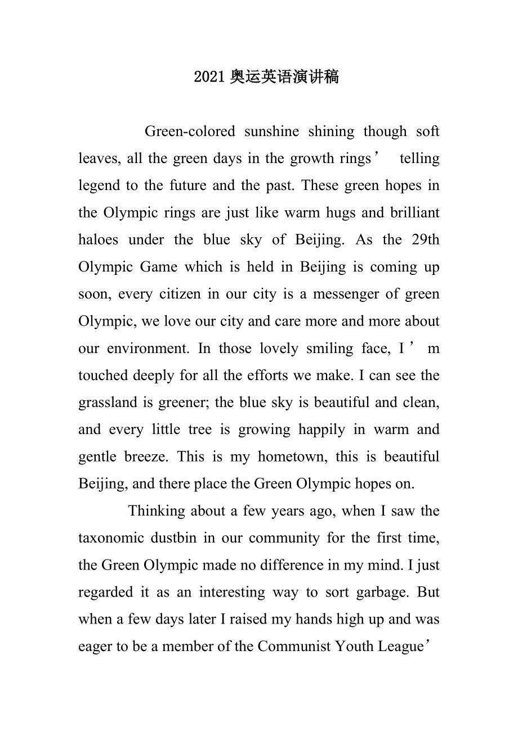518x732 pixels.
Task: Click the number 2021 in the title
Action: coord(210,77)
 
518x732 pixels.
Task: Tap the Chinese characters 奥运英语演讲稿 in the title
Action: coord(284,77)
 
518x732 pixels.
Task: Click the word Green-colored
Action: coord(190,132)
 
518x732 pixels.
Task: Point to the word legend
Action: coord(97,186)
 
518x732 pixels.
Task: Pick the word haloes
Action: coord(99,240)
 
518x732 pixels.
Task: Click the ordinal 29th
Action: coord(426,240)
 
